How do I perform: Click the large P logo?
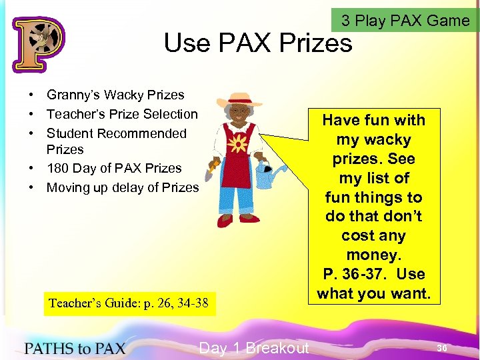coord(38,44)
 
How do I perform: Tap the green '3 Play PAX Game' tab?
coord(405,20)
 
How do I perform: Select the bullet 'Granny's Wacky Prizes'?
coord(115,95)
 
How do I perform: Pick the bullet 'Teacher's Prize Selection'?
coord(122,114)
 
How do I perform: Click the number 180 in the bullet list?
coord(57,168)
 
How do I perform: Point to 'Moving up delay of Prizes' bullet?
coord(122,187)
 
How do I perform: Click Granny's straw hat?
coord(239,100)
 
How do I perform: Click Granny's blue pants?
coord(238,200)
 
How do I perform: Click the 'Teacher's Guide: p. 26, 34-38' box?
coord(128,304)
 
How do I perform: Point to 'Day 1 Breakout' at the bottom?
coord(254,348)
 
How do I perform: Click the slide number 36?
coord(441,348)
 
